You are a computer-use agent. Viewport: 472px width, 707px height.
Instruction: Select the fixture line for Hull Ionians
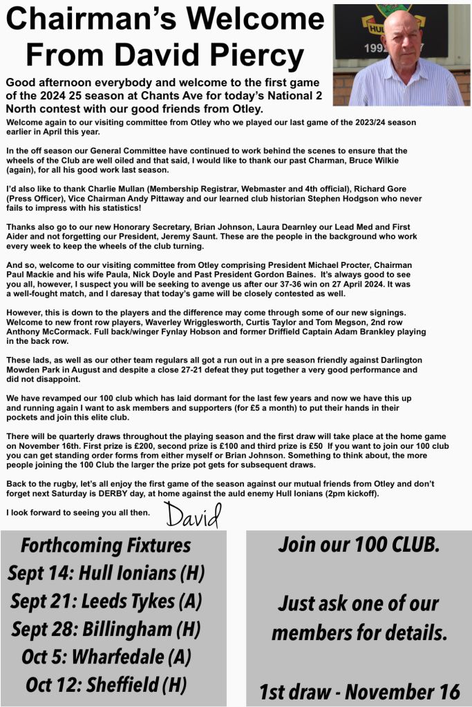[x=106, y=573]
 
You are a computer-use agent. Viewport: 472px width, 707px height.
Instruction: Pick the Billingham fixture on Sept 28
[x=106, y=629]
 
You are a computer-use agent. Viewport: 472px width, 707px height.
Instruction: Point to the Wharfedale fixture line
[x=106, y=657]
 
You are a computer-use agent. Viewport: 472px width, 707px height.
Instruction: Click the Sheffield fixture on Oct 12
[x=106, y=685]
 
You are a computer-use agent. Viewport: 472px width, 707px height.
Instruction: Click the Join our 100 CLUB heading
[x=358, y=544]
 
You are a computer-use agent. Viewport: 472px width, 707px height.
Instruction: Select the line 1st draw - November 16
[x=359, y=690]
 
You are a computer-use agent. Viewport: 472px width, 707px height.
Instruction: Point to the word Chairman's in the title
[x=104, y=19]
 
